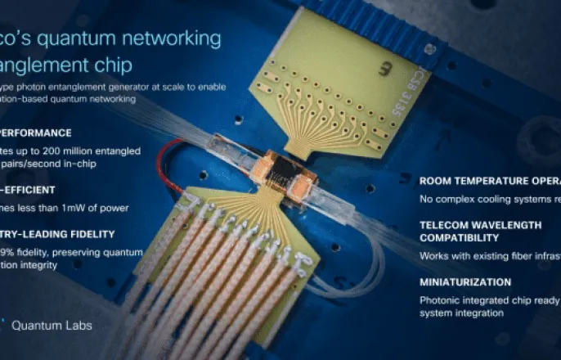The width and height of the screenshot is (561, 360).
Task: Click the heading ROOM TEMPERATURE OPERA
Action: coord(489,181)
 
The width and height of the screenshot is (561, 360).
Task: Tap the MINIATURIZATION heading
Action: coord(465,282)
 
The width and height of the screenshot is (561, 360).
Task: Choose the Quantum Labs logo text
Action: coord(52,325)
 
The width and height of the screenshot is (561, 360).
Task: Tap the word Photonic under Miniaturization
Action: coord(440,300)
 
